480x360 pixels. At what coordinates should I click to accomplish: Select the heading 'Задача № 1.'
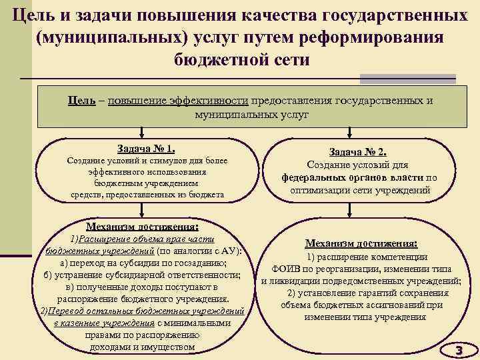pyautogui.click(x=146, y=149)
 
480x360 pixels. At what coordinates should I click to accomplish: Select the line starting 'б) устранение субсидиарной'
pyautogui.click(x=145, y=275)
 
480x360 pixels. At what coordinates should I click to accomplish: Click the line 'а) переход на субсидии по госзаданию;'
pyautogui.click(x=145, y=263)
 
